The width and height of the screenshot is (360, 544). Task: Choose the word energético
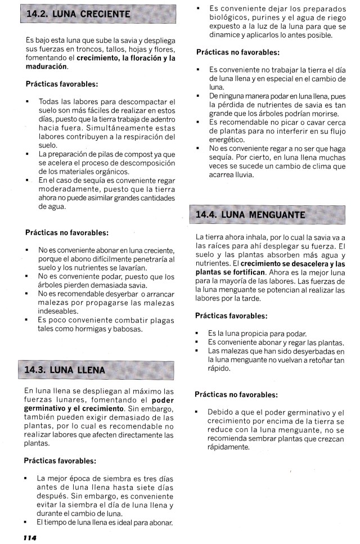(x=227, y=140)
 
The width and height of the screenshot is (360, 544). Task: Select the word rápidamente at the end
(x=228, y=447)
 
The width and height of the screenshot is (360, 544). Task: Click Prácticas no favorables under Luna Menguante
(x=236, y=394)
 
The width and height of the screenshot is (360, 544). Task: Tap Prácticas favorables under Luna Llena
(x=60, y=461)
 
